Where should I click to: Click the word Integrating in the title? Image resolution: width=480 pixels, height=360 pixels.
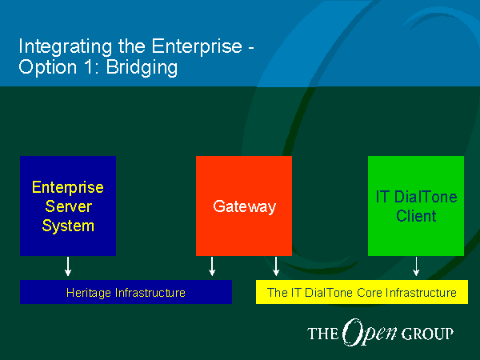click(66, 47)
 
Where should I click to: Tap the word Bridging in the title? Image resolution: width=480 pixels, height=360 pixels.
click(142, 68)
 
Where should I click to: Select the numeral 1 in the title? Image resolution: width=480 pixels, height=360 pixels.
click(89, 66)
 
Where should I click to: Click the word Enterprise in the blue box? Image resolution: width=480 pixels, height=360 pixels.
click(68, 187)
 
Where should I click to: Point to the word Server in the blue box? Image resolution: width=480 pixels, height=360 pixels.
click(68, 206)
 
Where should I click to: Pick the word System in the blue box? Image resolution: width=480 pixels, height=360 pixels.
click(68, 226)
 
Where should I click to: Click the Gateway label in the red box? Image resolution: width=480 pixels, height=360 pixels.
click(244, 207)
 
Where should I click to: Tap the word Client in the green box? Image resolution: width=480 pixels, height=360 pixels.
click(416, 216)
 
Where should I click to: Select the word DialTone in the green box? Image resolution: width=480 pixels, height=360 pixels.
click(426, 197)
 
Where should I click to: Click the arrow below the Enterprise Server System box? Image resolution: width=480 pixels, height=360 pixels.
click(68, 266)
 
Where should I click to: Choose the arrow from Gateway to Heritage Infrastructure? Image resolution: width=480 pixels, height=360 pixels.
click(212, 266)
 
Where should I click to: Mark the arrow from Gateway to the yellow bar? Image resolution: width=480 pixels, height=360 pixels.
click(276, 266)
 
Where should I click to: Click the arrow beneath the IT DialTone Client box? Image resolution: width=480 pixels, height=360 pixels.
click(416, 266)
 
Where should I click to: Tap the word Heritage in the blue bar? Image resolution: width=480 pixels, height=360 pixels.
click(89, 293)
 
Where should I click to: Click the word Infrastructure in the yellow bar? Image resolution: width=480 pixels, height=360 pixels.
click(422, 293)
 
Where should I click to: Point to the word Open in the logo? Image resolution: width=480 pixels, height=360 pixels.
click(369, 333)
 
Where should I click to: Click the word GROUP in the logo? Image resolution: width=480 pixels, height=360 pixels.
click(427, 334)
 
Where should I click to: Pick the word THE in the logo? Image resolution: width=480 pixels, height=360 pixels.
click(323, 334)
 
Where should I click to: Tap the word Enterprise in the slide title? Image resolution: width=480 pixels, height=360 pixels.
click(197, 46)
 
